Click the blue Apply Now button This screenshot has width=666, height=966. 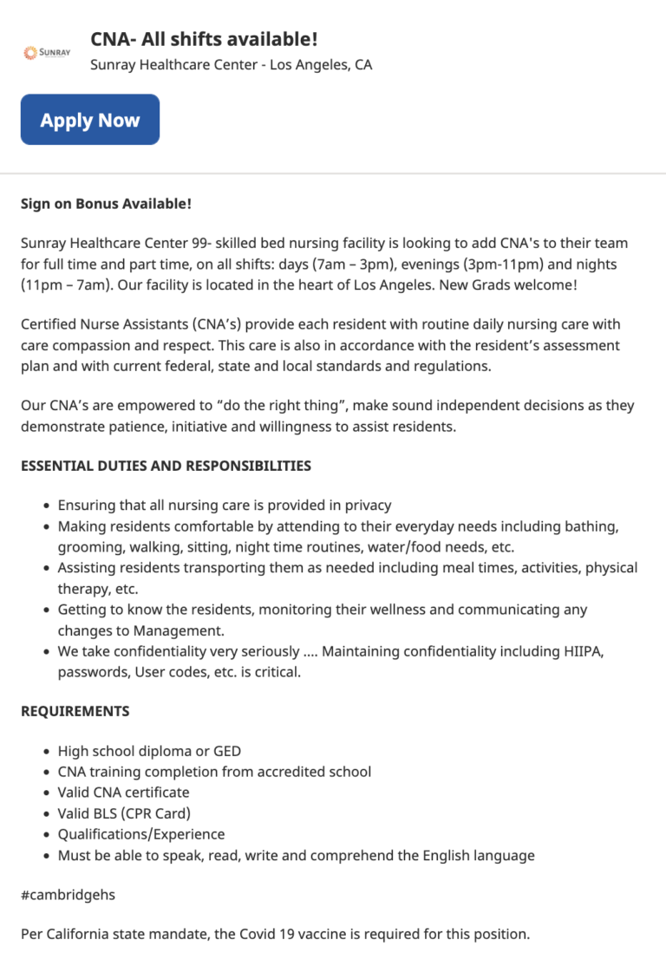tap(90, 120)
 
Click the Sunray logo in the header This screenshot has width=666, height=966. tap(42, 53)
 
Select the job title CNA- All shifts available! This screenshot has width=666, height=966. tap(204, 39)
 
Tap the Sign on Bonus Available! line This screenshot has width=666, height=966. tap(106, 204)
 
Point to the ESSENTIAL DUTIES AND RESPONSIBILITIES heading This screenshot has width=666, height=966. tap(166, 466)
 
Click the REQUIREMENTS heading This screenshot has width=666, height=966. tap(75, 711)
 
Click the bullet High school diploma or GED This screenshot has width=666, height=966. tap(149, 751)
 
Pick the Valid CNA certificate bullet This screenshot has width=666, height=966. tap(123, 793)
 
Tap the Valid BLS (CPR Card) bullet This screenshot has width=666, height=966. tap(124, 813)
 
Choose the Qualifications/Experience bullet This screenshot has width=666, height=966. tap(141, 834)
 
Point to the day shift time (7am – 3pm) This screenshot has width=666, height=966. tap(360, 264)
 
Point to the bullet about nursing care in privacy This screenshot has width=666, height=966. tap(225, 505)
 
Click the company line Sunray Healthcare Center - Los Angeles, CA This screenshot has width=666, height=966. tap(232, 65)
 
